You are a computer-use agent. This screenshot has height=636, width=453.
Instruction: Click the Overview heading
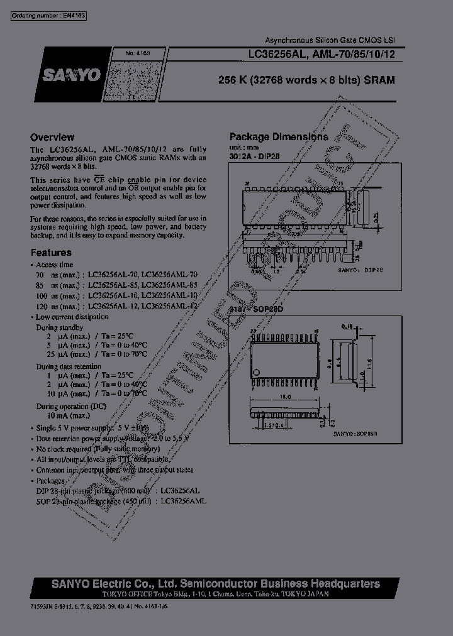53,137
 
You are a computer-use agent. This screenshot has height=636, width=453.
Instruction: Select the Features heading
52,253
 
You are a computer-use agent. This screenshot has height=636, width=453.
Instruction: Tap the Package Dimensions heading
278,137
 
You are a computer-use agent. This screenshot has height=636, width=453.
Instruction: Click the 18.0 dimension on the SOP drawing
285,397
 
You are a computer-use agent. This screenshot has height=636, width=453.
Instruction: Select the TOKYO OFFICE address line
194,594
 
